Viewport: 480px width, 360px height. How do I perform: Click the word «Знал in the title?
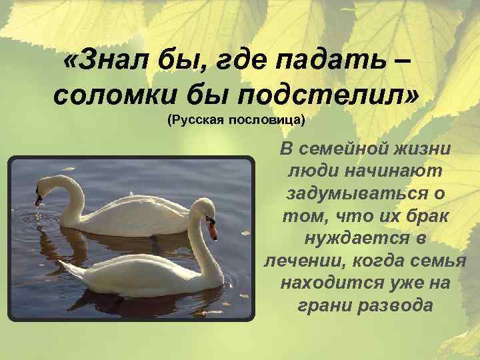pyautogui.click(x=106, y=64)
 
